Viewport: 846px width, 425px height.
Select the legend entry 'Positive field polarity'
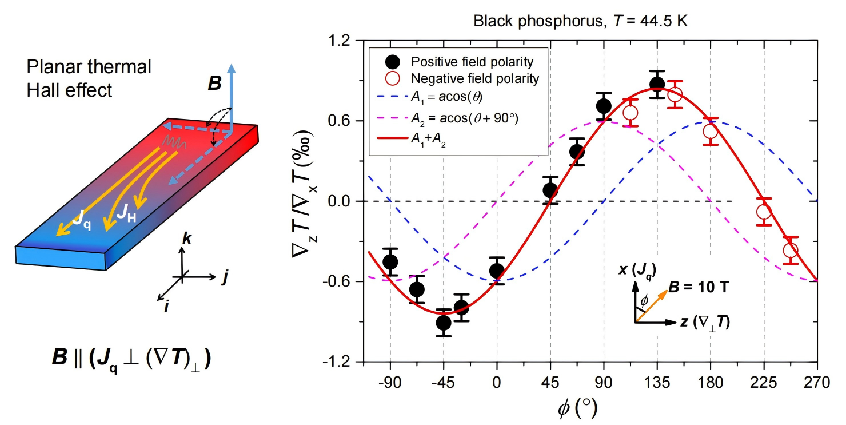[472, 62]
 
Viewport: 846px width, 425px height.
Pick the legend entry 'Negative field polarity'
[474, 78]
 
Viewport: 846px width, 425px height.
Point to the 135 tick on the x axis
[657, 382]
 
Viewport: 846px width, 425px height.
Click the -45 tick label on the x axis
[443, 382]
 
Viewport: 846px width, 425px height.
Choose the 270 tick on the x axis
[817, 382]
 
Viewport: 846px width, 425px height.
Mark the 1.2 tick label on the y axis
[341, 41]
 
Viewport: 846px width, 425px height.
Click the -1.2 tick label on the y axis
[339, 362]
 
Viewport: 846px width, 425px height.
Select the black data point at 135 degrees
[657, 85]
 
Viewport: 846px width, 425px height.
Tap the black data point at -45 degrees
[444, 323]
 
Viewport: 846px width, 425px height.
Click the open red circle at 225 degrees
[764, 212]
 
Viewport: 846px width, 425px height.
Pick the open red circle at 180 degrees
[711, 132]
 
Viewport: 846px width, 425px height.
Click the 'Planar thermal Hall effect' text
[89, 78]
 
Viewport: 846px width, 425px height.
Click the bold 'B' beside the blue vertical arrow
[214, 84]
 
